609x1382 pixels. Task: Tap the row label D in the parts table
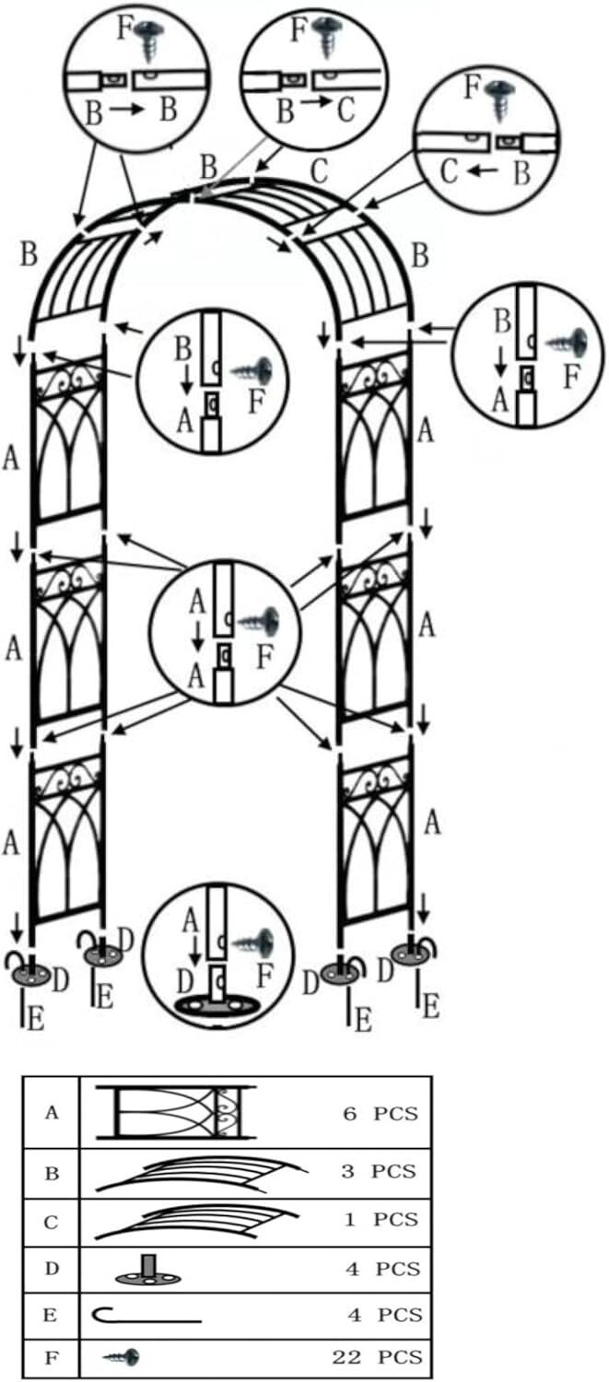click(x=52, y=1268)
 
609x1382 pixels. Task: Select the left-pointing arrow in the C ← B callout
click(x=481, y=172)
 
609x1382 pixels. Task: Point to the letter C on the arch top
click(x=320, y=172)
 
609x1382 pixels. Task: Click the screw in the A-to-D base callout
click(x=253, y=942)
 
